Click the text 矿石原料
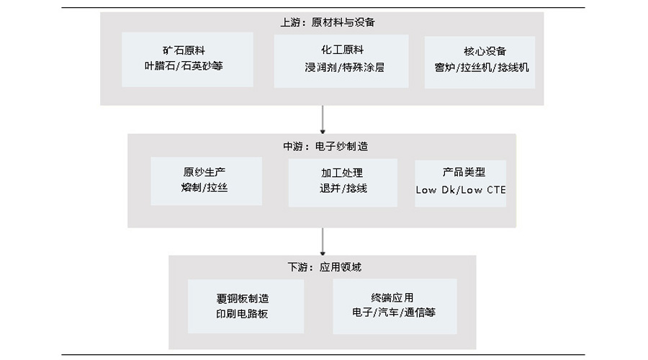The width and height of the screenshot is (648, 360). [187, 51]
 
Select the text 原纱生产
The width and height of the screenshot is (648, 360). [204, 173]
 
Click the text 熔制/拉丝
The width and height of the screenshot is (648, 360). [204, 188]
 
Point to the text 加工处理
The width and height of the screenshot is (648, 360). [342, 174]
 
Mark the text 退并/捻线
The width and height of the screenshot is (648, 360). [343, 188]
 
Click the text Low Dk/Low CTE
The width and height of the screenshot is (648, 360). [461, 190]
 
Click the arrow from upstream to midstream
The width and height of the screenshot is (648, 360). [323, 120]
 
